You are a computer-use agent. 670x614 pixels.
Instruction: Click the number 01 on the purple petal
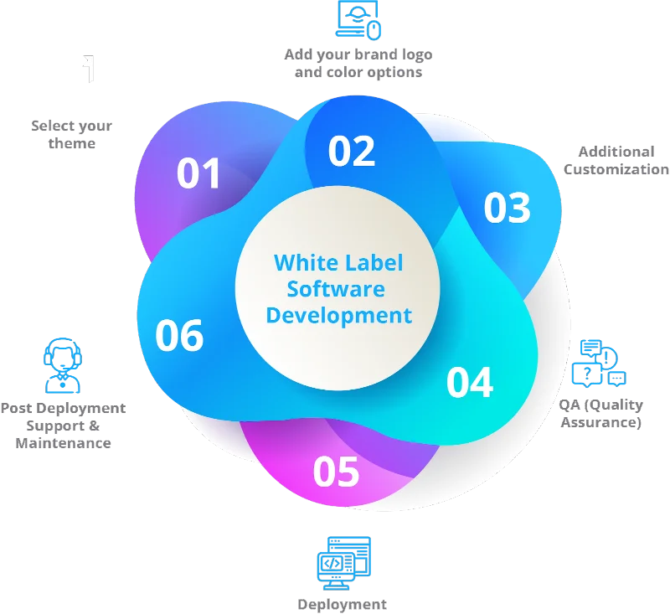pyautogui.click(x=198, y=173)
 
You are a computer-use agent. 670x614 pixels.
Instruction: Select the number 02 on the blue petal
pyautogui.click(x=352, y=151)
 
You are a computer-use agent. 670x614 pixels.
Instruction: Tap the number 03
pyautogui.click(x=508, y=208)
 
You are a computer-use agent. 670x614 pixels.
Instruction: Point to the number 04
pyautogui.click(x=470, y=383)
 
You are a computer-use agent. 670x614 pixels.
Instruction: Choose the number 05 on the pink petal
pyautogui.click(x=337, y=472)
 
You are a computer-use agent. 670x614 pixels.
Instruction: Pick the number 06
pyautogui.click(x=179, y=336)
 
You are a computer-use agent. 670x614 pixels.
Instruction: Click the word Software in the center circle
pyautogui.click(x=336, y=289)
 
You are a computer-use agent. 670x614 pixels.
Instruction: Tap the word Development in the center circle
pyautogui.click(x=339, y=317)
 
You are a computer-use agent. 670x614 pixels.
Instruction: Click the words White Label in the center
pyautogui.click(x=338, y=262)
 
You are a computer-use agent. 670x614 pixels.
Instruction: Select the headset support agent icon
pyautogui.click(x=63, y=366)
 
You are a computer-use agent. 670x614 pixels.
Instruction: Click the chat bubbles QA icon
pyautogui.click(x=599, y=364)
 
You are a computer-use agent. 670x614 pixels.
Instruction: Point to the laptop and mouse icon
pyautogui.click(x=358, y=20)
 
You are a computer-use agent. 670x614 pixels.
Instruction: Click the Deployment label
pyautogui.click(x=343, y=605)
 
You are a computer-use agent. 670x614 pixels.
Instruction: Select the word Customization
pyautogui.click(x=616, y=169)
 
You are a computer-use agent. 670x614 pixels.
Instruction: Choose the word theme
pyautogui.click(x=72, y=143)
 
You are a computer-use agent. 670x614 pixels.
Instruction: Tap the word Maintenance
pyautogui.click(x=64, y=443)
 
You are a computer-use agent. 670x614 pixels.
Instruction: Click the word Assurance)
pyautogui.click(x=601, y=422)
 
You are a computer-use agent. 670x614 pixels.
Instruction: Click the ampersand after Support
pyautogui.click(x=95, y=426)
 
